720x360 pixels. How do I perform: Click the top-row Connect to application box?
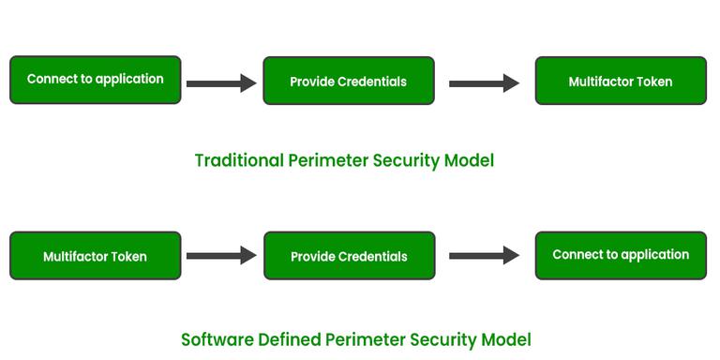(95, 80)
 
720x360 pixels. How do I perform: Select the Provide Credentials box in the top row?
(348, 82)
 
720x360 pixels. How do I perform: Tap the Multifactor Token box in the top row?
(620, 82)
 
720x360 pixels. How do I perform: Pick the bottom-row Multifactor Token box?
(95, 256)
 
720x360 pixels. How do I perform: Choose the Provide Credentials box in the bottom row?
(349, 256)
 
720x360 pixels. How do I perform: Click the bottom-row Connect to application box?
(620, 255)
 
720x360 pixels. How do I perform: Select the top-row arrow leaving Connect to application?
(221, 83)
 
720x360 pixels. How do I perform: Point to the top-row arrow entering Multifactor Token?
(484, 83)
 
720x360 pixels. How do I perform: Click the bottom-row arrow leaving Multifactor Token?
(221, 255)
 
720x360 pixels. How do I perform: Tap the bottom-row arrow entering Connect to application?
(484, 255)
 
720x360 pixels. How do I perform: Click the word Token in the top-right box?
(654, 82)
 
